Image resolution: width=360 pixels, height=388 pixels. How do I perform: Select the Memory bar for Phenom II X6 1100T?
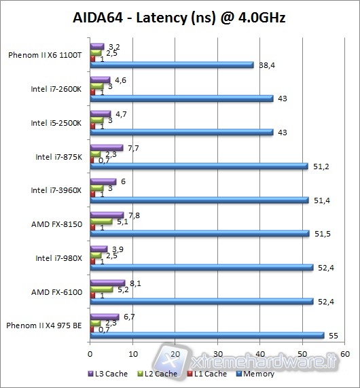172,65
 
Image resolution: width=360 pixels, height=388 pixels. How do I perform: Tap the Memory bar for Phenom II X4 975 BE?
207,335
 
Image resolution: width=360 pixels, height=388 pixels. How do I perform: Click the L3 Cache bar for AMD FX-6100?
107,283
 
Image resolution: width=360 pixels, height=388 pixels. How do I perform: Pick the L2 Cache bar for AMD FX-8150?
101,221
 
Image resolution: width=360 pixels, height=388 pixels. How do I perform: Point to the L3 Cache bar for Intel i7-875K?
107,147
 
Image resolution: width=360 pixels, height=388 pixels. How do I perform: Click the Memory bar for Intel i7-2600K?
181,99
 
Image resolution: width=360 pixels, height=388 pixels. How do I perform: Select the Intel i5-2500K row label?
56,123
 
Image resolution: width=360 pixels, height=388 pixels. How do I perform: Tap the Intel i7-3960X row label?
56,190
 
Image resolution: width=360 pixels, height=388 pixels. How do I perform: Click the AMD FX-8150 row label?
57,224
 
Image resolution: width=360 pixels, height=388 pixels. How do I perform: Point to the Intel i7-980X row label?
58,258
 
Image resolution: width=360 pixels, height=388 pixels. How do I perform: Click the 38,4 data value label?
266,65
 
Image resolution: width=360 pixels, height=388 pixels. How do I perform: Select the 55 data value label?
332,335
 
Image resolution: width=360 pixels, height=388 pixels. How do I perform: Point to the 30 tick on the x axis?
218,354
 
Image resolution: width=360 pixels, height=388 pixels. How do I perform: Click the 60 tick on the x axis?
346,354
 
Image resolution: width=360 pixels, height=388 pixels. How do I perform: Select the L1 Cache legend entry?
206,373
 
